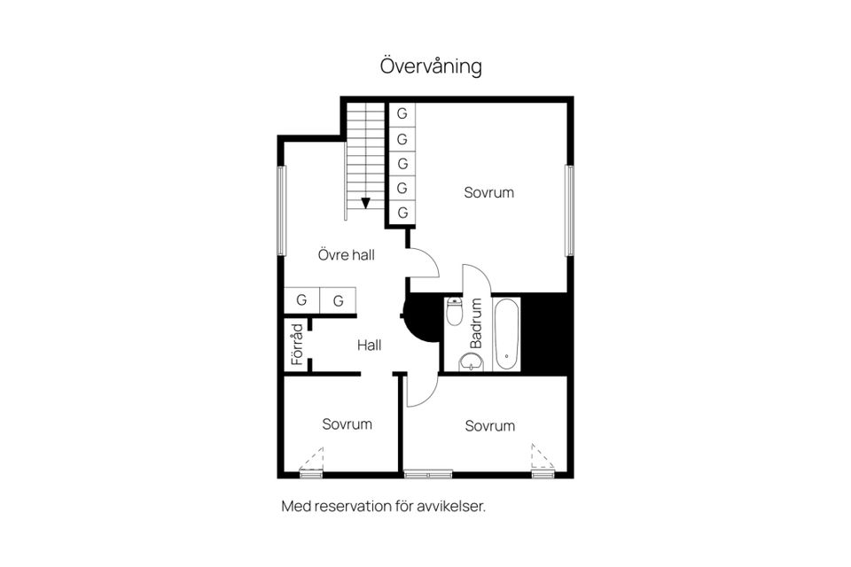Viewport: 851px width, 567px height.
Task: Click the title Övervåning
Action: coord(431,66)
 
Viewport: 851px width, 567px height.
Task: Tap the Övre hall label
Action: coord(347,255)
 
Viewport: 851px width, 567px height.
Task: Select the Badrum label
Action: coord(476,322)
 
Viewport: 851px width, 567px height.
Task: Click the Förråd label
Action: coord(297,345)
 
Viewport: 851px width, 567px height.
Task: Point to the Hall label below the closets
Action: coord(369,345)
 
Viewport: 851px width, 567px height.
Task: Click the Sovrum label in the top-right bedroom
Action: coord(488,192)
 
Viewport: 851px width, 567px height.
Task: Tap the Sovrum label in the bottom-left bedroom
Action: coord(347,424)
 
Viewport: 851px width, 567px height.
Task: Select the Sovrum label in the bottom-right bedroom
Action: coord(489,426)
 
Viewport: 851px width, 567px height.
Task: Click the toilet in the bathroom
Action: coord(454,312)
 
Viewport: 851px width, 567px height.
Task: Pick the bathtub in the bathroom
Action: coord(506,334)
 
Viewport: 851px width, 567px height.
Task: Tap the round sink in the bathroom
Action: coord(471,361)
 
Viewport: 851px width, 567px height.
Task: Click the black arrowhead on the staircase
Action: coord(365,203)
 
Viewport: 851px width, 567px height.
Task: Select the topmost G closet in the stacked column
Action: coord(402,114)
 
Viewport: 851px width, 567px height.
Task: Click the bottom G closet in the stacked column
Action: coord(402,213)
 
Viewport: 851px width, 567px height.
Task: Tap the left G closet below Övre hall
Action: coord(301,300)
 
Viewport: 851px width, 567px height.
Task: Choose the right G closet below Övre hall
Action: coord(338,300)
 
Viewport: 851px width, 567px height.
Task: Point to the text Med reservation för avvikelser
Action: coord(384,507)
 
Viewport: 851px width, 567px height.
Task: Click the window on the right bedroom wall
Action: coord(570,210)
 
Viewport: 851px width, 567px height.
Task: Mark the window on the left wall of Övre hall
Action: coord(281,211)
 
